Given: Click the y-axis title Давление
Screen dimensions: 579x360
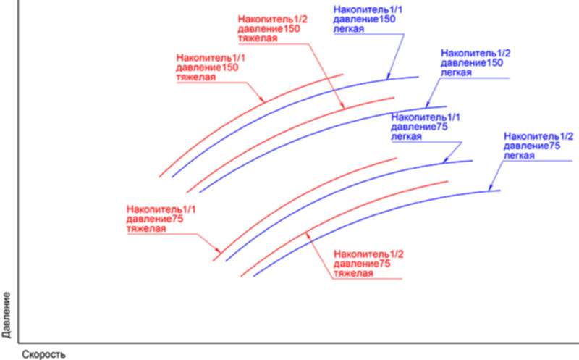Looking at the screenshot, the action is coord(7,315).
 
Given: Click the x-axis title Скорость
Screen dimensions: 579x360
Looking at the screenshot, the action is coord(43,354).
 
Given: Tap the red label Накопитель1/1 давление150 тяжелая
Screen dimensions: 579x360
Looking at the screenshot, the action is coord(211,67).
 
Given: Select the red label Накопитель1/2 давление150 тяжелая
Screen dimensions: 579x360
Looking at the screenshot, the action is coord(273,29).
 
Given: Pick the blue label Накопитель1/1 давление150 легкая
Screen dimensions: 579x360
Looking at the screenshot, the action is coord(368,20).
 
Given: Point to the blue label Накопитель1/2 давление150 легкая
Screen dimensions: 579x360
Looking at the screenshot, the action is coord(476,63).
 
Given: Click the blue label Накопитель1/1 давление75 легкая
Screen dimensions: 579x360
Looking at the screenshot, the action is coord(426,127).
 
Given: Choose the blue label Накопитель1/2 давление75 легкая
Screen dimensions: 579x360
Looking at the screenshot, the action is coord(538,146).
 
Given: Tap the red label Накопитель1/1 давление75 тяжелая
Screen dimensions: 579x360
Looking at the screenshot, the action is coord(161,219).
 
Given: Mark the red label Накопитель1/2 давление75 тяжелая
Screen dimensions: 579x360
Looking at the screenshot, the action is coord(368,264).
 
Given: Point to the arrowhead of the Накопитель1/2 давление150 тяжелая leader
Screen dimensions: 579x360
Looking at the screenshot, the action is coord(342,105).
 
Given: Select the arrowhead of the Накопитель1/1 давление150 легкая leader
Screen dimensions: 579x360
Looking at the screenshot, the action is coord(388,76).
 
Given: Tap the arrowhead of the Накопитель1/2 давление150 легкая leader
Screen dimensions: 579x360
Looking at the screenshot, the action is coord(428,104).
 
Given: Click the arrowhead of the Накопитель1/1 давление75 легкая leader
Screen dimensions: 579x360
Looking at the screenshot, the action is coord(446,159).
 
